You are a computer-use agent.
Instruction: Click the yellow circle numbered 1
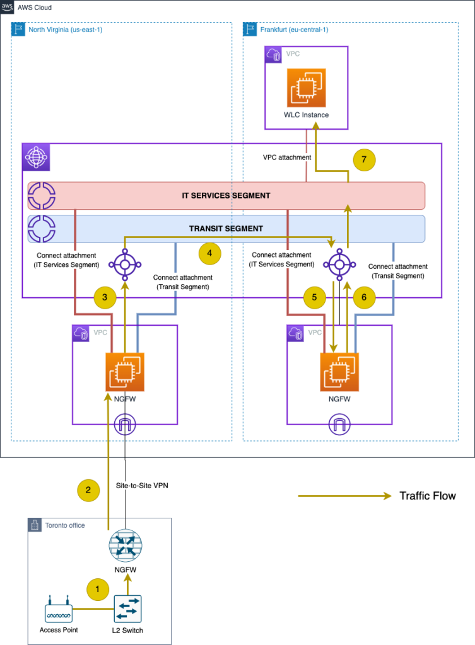(97, 589)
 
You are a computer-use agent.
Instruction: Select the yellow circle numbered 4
(209, 254)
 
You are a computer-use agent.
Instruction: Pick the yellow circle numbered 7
(364, 160)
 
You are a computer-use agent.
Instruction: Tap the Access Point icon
(59, 611)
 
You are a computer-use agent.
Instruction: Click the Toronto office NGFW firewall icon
(125, 545)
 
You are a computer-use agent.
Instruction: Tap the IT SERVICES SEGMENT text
(226, 196)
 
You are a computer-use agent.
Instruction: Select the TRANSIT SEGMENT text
(226, 229)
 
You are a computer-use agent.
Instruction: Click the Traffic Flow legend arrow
(344, 496)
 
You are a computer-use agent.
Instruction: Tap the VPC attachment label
(286, 157)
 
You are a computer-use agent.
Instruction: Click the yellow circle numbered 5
(314, 297)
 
